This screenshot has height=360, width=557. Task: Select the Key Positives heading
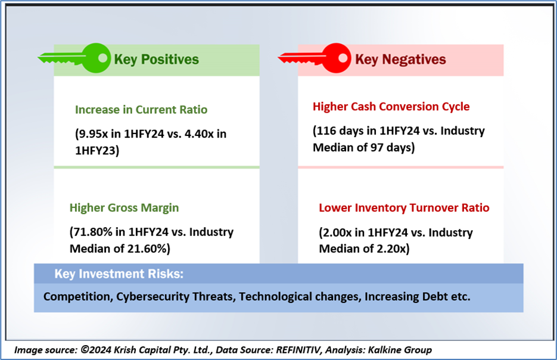[156, 60]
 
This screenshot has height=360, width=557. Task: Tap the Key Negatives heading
[400, 60]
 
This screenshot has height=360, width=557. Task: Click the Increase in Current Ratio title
[141, 110]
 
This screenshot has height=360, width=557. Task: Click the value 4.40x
[200, 134]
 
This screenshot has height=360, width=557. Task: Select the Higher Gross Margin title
[124, 207]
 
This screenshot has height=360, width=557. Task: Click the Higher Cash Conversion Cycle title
[391, 106]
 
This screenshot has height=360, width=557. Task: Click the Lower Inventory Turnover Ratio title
[404, 207]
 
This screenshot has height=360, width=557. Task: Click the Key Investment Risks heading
[119, 274]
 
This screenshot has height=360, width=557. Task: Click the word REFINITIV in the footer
[298, 350]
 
